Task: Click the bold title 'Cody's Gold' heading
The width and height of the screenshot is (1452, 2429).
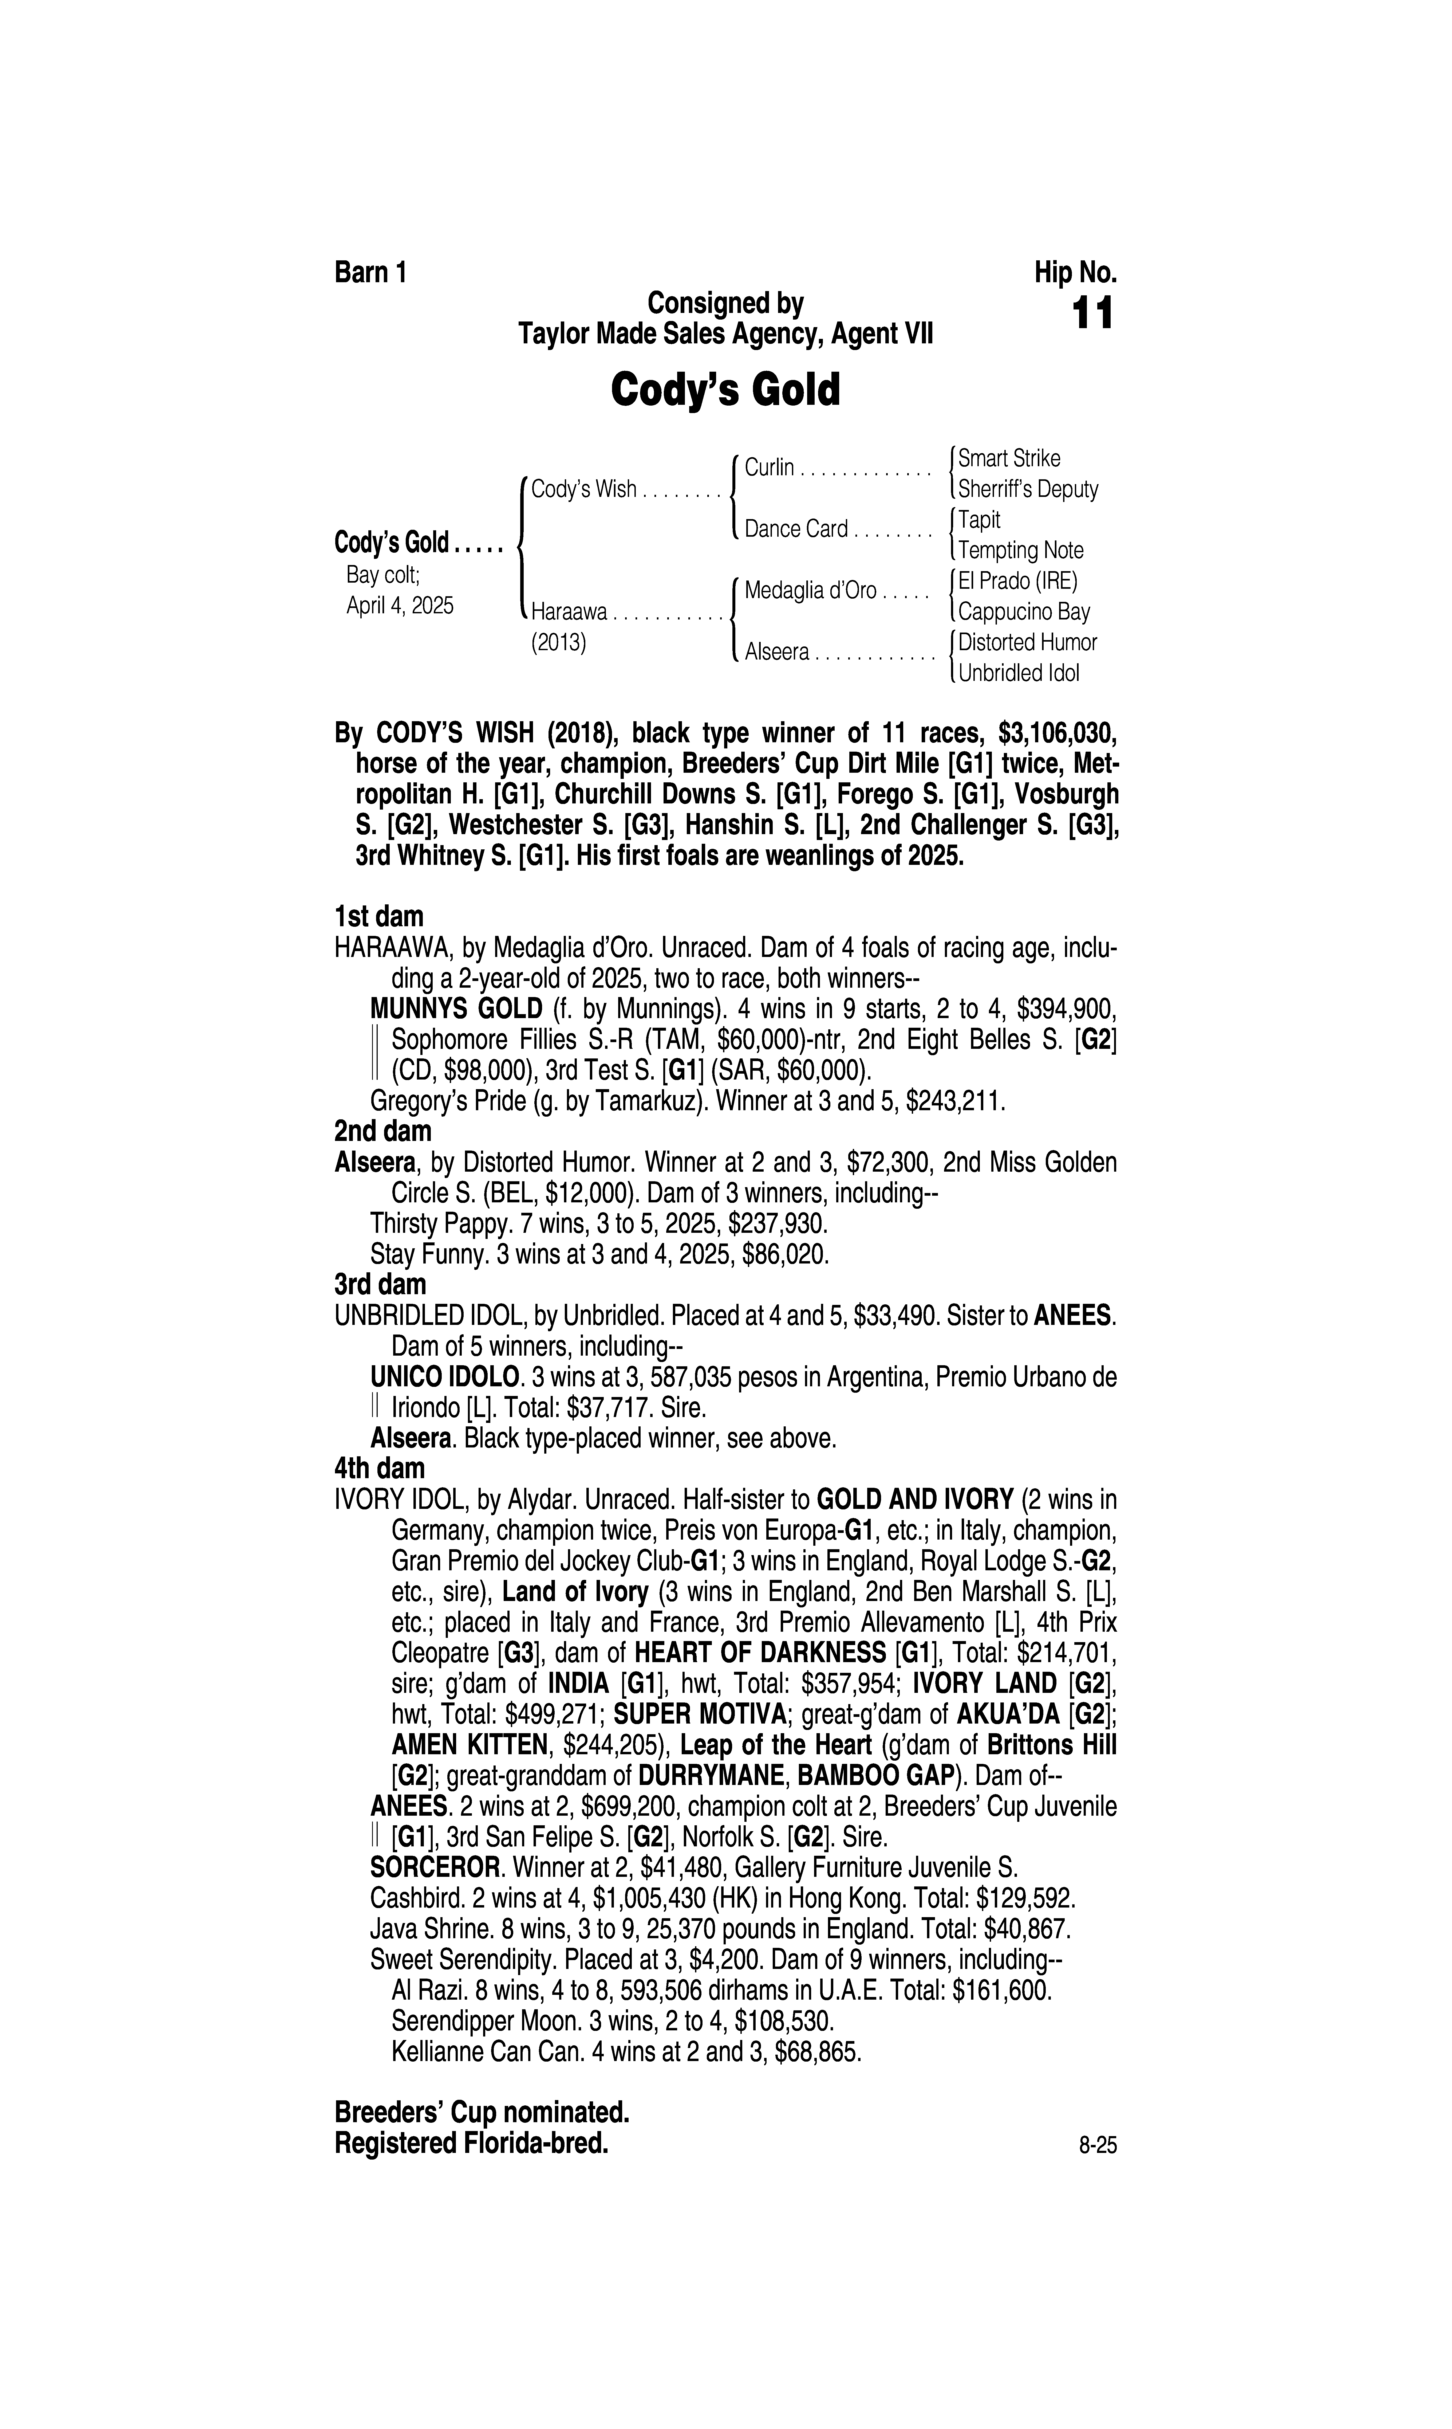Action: click(725, 390)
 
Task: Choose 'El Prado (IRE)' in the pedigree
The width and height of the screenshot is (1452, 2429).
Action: click(1017, 581)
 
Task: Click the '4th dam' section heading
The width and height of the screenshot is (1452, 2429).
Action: click(380, 1468)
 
